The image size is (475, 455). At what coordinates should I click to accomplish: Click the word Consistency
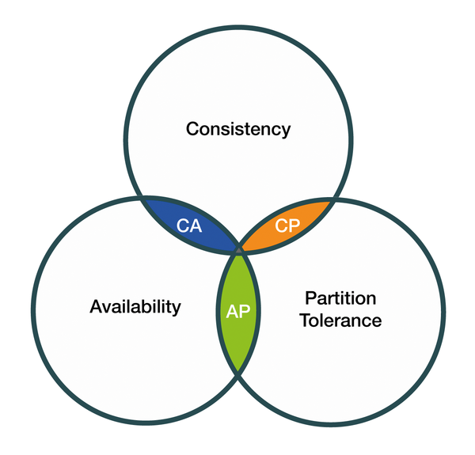tap(238, 128)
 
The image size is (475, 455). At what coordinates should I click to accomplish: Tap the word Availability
tap(135, 306)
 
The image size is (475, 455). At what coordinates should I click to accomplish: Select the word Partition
tap(340, 298)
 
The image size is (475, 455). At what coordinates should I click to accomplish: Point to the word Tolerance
tap(340, 320)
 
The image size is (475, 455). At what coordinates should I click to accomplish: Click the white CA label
tap(189, 226)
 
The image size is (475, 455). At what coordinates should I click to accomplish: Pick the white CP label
tap(287, 226)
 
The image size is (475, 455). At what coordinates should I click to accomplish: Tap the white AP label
tap(238, 310)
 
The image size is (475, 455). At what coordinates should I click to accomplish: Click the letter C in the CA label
tap(183, 226)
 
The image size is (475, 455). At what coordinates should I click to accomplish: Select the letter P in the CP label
tap(294, 226)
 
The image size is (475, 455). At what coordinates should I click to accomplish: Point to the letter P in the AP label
tap(245, 310)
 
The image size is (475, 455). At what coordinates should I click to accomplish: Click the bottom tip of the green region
tap(238, 372)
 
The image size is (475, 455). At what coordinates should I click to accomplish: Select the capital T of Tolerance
tap(304, 320)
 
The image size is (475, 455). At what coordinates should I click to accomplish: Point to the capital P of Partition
tap(309, 298)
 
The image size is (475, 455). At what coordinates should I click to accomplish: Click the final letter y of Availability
tap(177, 309)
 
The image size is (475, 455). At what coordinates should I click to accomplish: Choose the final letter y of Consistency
tap(286, 131)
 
